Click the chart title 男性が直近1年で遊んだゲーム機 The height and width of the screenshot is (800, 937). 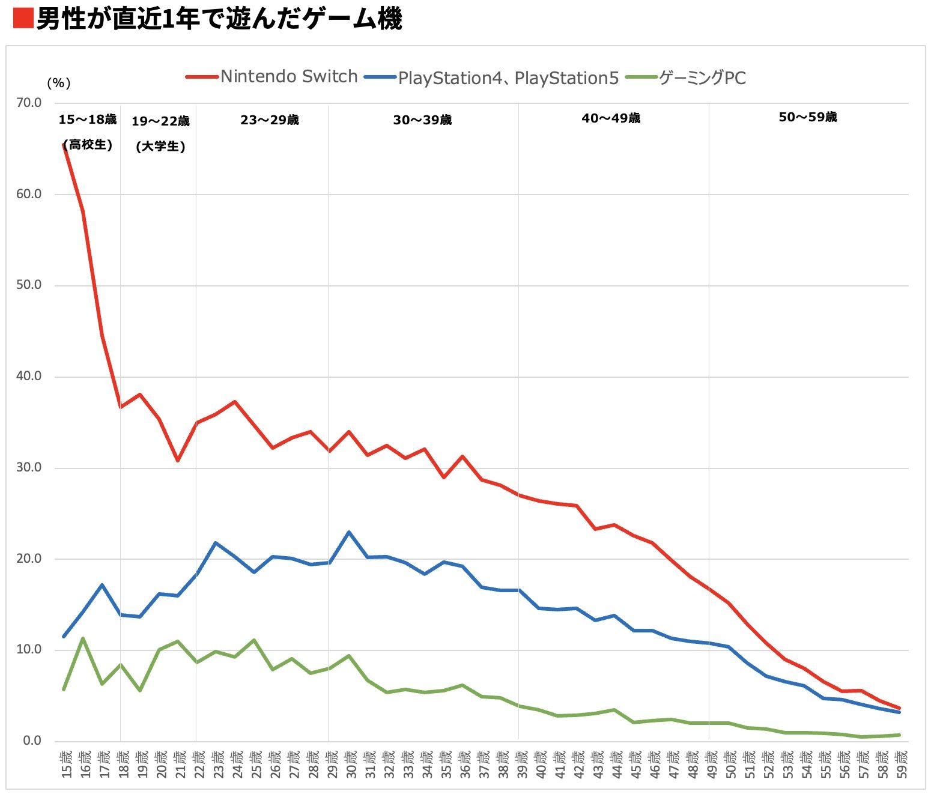coord(219,19)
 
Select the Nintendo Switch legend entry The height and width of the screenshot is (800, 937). coord(288,77)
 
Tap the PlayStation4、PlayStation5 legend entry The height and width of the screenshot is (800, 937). coord(508,78)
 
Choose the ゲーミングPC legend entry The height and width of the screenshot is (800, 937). coord(702,78)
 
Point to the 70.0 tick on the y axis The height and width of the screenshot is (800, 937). coord(29,103)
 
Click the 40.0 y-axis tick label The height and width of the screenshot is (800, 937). coord(29,377)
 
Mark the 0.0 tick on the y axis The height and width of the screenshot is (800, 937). coord(32,741)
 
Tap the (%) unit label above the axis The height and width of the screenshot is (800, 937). coord(58,83)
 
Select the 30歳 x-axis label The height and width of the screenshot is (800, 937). coord(350,765)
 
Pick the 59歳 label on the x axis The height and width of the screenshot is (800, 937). coord(901,765)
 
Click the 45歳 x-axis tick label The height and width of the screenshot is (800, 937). coord(635,765)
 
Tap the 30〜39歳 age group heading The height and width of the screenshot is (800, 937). coord(422,120)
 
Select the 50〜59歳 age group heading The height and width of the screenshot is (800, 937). coord(807,117)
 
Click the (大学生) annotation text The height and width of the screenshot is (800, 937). coord(160,147)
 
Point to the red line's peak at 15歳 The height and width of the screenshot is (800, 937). coord(64,145)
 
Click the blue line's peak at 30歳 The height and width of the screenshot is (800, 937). coord(349,532)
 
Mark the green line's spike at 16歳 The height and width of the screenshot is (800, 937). coord(82,638)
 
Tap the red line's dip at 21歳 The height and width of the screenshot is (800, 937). coord(178,461)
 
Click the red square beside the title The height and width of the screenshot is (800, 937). coord(22,19)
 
